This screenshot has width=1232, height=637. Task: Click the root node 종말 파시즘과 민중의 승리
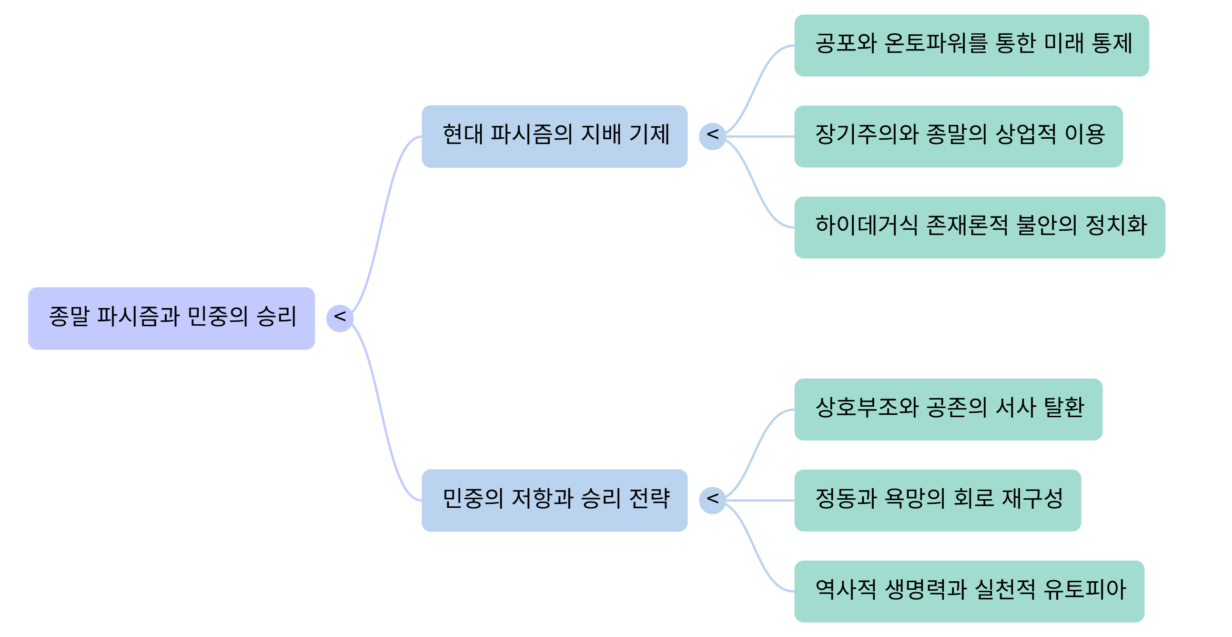tap(171, 318)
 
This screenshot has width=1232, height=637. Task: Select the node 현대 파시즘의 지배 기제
tap(554, 136)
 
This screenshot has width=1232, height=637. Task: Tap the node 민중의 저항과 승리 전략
tap(554, 500)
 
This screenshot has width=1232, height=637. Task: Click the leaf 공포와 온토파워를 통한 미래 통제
tap(971, 45)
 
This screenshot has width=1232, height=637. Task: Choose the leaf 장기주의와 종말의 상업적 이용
tap(958, 136)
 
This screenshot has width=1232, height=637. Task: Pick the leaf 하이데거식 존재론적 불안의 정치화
tap(980, 227)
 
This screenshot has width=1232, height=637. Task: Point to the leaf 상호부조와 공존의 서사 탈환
tap(948, 409)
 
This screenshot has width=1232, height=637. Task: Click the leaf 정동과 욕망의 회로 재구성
tap(938, 500)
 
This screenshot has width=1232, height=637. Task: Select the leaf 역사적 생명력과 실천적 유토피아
tap(969, 591)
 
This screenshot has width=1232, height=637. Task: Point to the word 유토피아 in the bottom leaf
tap(1085, 589)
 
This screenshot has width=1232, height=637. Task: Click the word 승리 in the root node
tap(276, 316)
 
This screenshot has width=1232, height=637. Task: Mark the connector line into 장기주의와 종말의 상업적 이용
tap(760, 136)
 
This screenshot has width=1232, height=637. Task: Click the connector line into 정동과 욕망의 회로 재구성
tap(760, 500)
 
